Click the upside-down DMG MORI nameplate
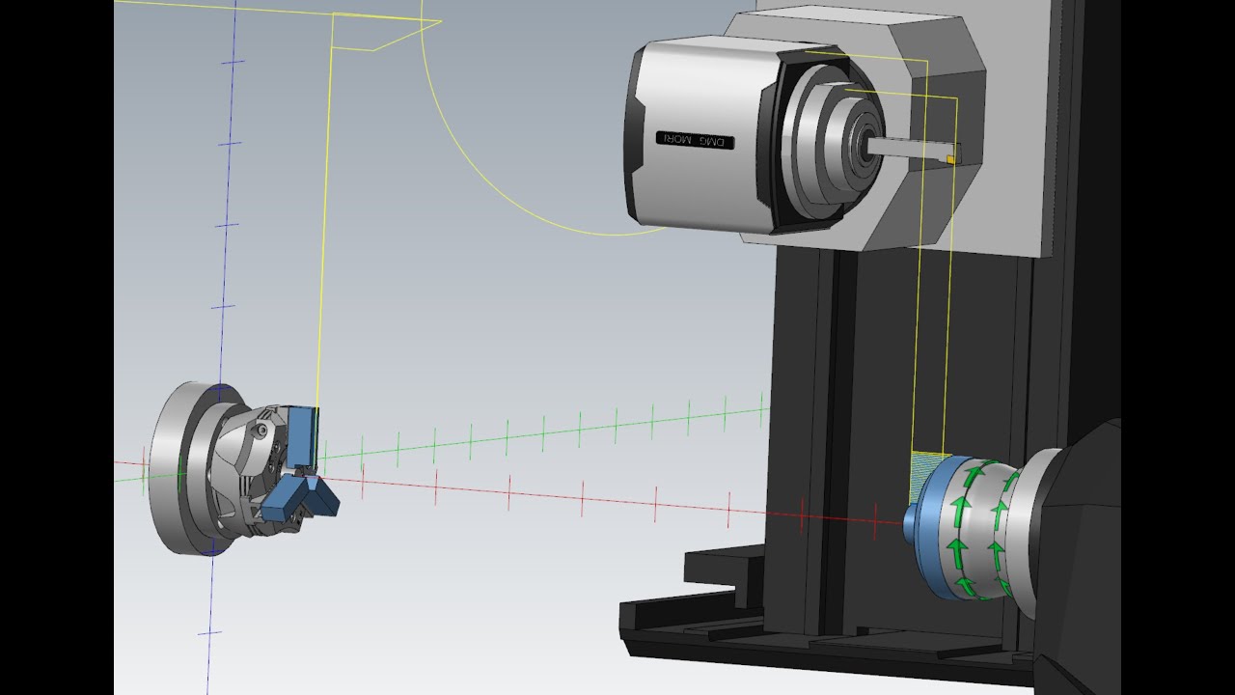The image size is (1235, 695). [x=695, y=140]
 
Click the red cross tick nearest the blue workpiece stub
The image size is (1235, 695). [x=875, y=522]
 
